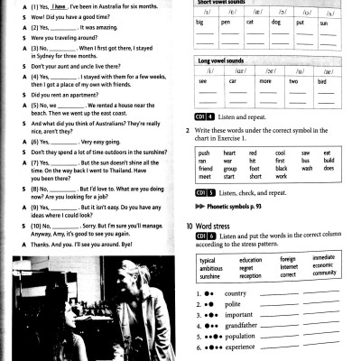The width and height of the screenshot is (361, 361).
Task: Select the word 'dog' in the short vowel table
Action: pos(276,20)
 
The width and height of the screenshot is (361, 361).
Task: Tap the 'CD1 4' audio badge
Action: pos(204,116)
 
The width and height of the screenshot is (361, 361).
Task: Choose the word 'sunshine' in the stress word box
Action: pos(212,276)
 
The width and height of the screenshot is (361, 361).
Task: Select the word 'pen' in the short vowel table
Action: pos(226,20)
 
